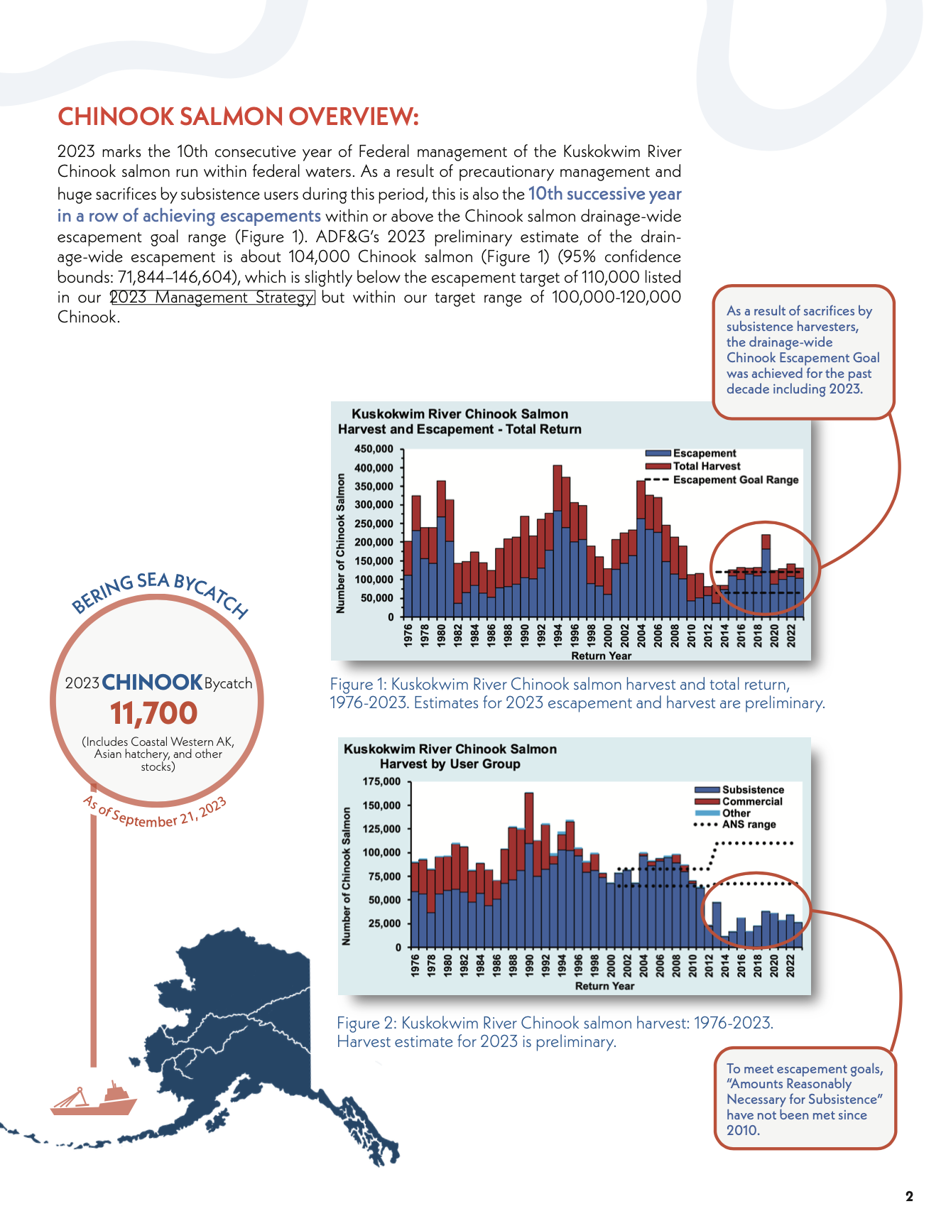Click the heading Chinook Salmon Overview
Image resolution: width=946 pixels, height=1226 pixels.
click(238, 116)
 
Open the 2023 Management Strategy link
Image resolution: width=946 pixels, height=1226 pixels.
click(212, 297)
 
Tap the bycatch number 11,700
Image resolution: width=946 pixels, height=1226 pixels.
click(153, 713)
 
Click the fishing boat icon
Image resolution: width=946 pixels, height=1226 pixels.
click(94, 1099)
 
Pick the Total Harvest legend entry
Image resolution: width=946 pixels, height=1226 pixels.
click(692, 466)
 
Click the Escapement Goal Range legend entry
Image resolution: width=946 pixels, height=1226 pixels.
click(722, 479)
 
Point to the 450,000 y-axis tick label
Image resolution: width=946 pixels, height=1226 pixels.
click(374, 449)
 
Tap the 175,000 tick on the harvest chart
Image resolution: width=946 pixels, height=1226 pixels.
click(381, 781)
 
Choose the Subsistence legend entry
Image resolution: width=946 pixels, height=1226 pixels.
click(739, 790)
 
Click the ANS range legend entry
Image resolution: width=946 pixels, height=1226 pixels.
click(734, 825)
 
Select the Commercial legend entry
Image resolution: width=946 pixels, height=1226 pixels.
click(739, 801)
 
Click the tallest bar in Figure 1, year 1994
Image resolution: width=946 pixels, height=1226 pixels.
click(558, 541)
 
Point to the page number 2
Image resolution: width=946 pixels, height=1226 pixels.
click(910, 1197)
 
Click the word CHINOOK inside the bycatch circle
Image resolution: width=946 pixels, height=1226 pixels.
click(153, 683)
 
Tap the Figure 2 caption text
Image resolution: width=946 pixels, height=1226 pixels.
click(555, 1032)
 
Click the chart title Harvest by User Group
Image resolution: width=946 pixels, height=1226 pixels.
click(450, 764)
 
